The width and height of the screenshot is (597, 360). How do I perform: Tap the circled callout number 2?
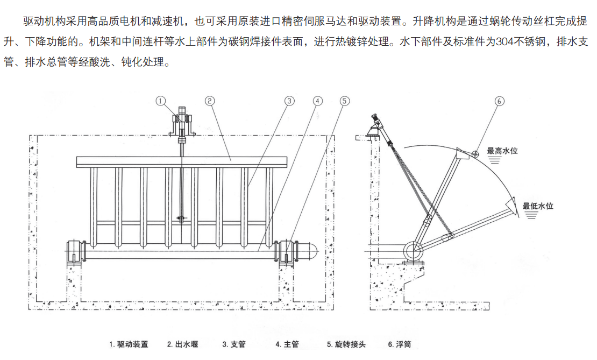[210, 100]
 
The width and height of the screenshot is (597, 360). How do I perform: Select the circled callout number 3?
[289, 101]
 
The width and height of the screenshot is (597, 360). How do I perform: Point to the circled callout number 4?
[317, 101]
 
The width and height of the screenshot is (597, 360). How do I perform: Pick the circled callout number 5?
[345, 101]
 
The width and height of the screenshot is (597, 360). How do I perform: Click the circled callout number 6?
[499, 101]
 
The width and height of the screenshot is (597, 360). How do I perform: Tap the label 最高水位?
[502, 151]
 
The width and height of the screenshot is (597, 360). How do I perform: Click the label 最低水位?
[538, 205]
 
